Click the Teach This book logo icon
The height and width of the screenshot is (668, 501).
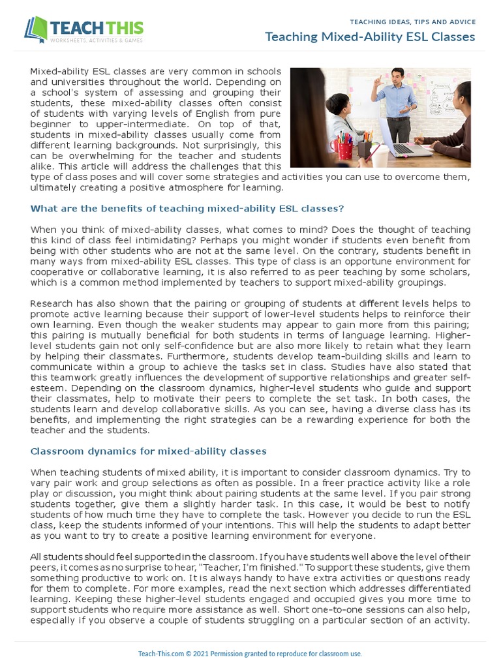click(37, 29)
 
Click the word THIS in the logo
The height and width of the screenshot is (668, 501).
click(119, 28)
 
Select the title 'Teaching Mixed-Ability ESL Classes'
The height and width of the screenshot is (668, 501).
click(369, 37)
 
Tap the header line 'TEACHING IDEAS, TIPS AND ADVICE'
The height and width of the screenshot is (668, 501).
click(413, 22)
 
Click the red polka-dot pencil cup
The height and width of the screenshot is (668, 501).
click(345, 151)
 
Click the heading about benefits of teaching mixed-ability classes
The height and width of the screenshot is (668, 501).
click(187, 209)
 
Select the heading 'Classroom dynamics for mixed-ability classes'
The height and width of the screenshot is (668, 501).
click(148, 451)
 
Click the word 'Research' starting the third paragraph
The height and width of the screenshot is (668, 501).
click(52, 304)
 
